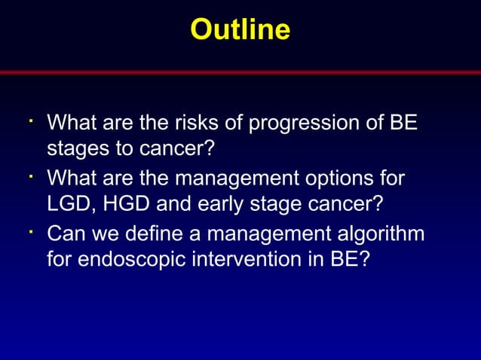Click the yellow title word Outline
coord(240,29)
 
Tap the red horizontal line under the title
coord(240,72)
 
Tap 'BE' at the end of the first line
coord(403,122)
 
